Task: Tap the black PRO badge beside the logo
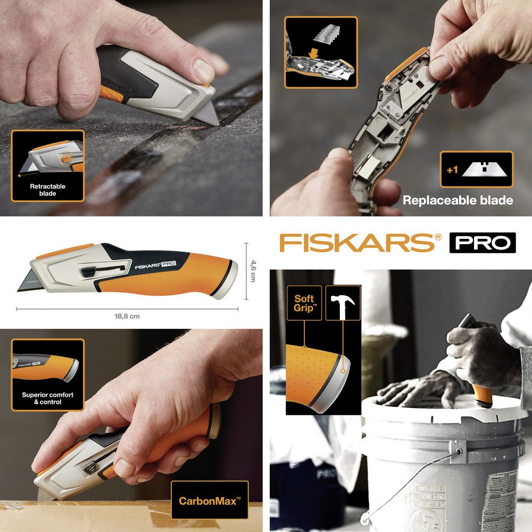pyautogui.click(x=483, y=243)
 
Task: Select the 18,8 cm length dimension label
pyautogui.click(x=127, y=316)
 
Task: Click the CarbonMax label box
pyautogui.click(x=210, y=500)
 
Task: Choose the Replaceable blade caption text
pyautogui.click(x=458, y=201)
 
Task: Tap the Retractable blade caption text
pyautogui.click(x=47, y=190)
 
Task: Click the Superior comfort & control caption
pyautogui.click(x=48, y=398)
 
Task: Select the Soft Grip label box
pyautogui.click(x=304, y=303)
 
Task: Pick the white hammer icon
pyautogui.click(x=343, y=303)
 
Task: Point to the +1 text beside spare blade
pyautogui.click(x=452, y=170)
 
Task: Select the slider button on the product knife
pyautogui.click(x=88, y=273)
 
